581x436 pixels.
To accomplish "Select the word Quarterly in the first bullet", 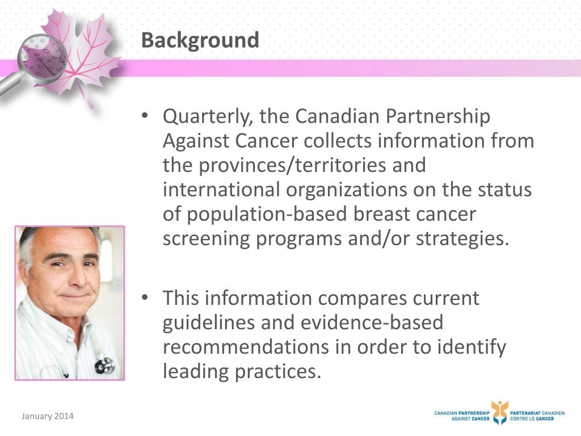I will click(x=207, y=117).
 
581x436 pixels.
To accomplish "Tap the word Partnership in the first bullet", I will click(x=437, y=117).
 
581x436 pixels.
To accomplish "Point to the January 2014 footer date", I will click(x=48, y=417).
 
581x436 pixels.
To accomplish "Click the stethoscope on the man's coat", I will click(x=104, y=364).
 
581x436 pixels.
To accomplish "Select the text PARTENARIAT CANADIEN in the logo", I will click(x=537, y=413).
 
